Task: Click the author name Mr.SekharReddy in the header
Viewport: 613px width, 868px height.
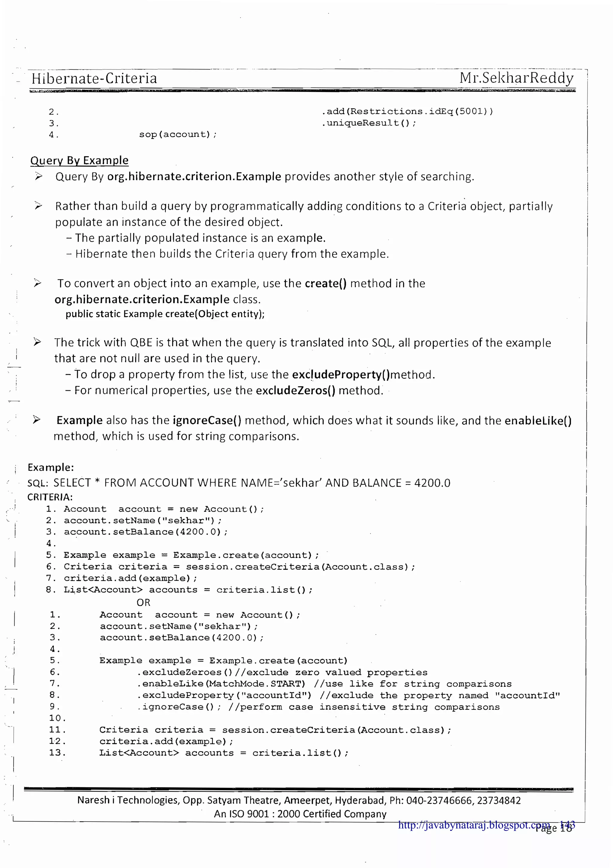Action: pyautogui.click(x=516, y=78)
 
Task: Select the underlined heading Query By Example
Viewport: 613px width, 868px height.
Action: pyautogui.click(x=79, y=160)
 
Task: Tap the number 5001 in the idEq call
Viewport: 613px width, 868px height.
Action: pyautogui.click(x=471, y=111)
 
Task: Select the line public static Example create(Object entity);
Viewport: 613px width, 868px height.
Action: pyautogui.click(x=165, y=314)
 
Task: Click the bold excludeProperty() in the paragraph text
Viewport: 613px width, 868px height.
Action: pyautogui.click(x=341, y=374)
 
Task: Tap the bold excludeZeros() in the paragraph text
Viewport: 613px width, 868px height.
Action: pyautogui.click(x=295, y=390)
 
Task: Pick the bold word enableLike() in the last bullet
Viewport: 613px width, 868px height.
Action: pyautogui.click(x=538, y=421)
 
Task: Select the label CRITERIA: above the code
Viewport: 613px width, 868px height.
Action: pyautogui.click(x=50, y=497)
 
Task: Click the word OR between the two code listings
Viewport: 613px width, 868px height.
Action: pyautogui.click(x=144, y=602)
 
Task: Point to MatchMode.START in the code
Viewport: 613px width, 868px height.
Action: pyautogui.click(x=257, y=683)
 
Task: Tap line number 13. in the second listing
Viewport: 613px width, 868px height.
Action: pyautogui.click(x=57, y=752)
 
